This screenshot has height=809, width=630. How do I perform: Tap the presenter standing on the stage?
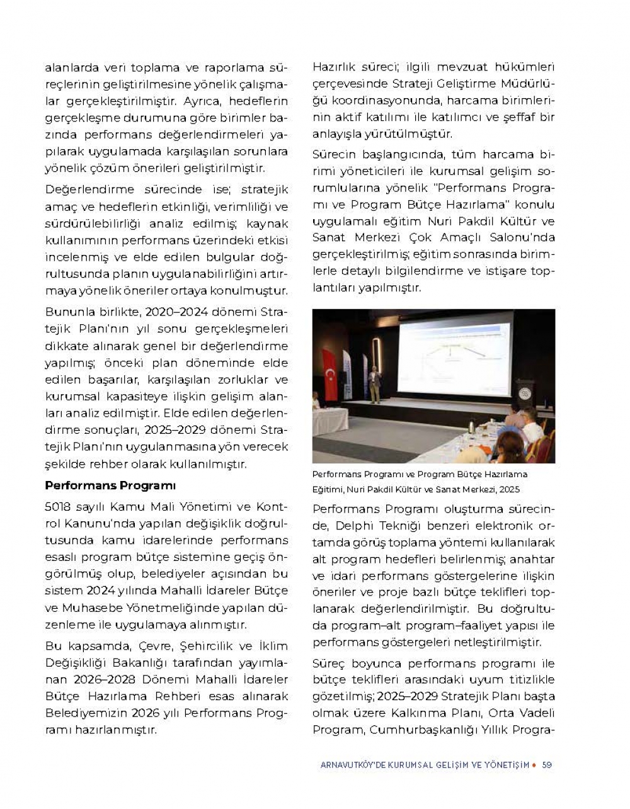click(375, 385)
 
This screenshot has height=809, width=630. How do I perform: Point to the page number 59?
click(547, 765)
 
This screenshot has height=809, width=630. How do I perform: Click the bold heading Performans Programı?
click(110, 485)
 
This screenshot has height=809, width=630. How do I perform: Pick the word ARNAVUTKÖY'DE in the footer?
click(348, 765)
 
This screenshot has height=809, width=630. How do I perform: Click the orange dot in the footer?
click(534, 765)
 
